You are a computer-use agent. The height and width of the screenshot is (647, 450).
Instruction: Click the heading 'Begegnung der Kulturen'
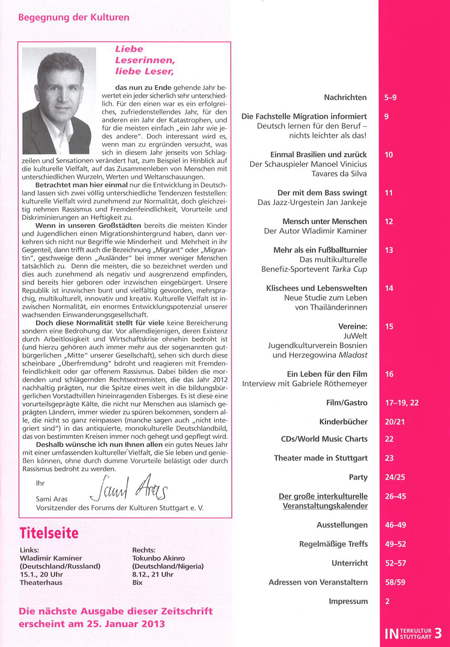74,17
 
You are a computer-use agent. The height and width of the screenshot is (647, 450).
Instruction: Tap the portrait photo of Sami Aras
59,101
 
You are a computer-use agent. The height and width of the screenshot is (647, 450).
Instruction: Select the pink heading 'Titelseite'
49,533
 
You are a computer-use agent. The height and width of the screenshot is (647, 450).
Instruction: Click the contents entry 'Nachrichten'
345,97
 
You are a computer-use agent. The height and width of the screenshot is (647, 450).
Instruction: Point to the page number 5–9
391,97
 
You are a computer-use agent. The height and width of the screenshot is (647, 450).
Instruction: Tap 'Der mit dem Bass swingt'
322,193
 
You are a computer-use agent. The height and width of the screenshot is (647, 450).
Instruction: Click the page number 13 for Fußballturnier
389,250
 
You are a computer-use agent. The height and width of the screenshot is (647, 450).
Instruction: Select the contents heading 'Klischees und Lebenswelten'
317,288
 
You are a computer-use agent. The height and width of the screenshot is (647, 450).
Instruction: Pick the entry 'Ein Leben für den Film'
327,374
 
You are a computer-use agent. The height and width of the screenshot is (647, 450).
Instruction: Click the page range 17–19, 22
401,403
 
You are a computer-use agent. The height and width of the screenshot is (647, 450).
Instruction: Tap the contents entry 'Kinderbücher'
343,422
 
